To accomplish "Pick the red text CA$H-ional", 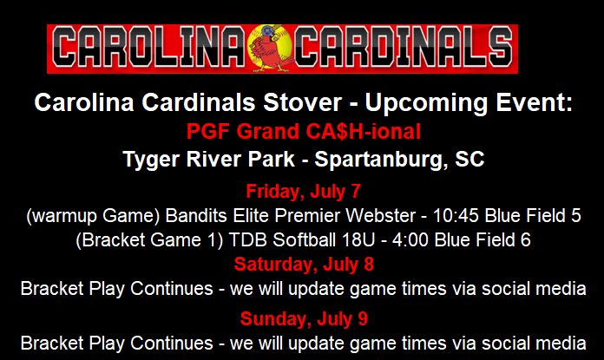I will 360,132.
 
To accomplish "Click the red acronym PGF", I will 207,132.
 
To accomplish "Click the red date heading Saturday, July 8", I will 303,263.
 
